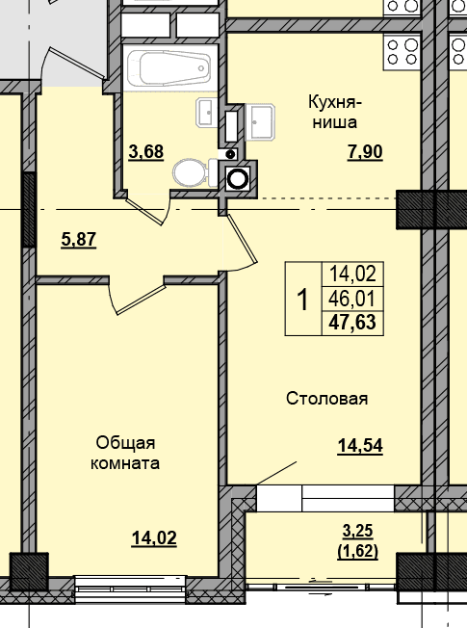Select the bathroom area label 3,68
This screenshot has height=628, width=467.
(x=145, y=152)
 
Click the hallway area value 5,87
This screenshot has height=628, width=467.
(x=79, y=240)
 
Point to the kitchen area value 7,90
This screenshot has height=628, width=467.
(x=365, y=152)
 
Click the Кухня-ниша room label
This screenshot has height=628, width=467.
(x=335, y=112)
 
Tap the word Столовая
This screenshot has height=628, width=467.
(x=326, y=399)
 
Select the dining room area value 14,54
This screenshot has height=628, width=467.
(x=360, y=446)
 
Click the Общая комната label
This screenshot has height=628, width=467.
(x=125, y=453)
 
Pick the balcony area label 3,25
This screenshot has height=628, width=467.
(x=357, y=531)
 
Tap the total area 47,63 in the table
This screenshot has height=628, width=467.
(x=352, y=323)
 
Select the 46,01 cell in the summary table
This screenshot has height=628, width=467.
(x=352, y=299)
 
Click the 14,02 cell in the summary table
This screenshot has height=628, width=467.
(x=352, y=275)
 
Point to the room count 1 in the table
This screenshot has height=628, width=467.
(x=303, y=300)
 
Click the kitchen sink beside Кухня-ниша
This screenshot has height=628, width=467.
(x=260, y=122)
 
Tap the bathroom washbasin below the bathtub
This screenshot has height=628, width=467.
(x=207, y=114)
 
